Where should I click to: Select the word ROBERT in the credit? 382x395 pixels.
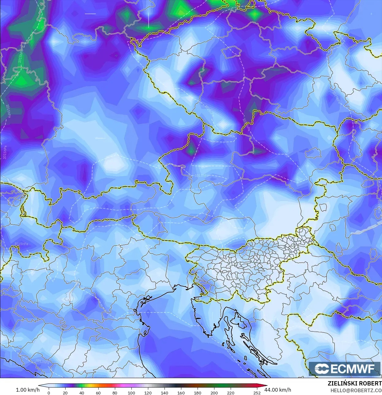pos(370,384)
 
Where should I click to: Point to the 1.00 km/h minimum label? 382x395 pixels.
pos(28,390)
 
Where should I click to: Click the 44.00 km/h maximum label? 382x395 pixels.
pos(278,390)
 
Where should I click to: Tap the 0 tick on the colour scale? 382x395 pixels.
pos(49,393)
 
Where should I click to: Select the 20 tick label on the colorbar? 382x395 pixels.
pos(65,393)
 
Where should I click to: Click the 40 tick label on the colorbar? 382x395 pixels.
pos(82,393)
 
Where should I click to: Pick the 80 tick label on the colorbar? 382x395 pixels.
pos(115,393)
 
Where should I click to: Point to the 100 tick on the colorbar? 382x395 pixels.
pos(131,393)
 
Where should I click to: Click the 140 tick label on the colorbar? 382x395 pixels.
pos(165,393)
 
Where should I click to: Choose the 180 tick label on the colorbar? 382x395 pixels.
pos(198,393)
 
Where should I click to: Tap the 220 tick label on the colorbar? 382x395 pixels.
pos(231,393)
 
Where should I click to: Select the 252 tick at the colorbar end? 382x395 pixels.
pos(257,393)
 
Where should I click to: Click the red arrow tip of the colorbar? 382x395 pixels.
pos(265,386)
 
